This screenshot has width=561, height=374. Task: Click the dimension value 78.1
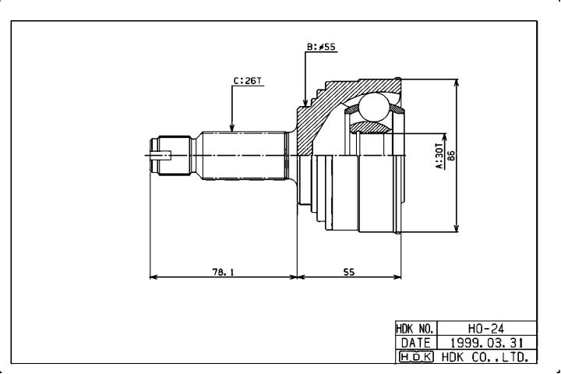click(x=223, y=272)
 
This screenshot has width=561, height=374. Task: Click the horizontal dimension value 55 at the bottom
click(x=349, y=272)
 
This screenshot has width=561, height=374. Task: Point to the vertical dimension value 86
click(x=451, y=155)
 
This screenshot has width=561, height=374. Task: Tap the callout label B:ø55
click(x=321, y=47)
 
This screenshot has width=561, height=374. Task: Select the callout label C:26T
click(x=248, y=81)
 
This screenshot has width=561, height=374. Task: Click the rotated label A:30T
click(x=439, y=156)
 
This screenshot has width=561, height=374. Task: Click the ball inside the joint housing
click(x=374, y=107)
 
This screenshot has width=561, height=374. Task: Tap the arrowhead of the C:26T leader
click(x=232, y=127)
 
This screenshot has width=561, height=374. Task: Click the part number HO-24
click(x=486, y=328)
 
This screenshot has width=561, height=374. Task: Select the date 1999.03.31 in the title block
click(x=486, y=343)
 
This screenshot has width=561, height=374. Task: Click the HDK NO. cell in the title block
click(x=416, y=328)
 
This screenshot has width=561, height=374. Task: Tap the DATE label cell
click(x=416, y=343)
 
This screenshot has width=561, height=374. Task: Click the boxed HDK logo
click(x=416, y=357)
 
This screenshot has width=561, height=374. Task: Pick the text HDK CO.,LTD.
click(x=485, y=357)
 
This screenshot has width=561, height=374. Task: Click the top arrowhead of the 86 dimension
click(x=456, y=83)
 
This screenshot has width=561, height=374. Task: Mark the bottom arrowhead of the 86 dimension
click(x=456, y=228)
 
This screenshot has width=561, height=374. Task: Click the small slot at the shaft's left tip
click(x=161, y=155)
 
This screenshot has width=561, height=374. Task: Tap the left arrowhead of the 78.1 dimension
click(x=153, y=277)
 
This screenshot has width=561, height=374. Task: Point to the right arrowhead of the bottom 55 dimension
click(x=397, y=277)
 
